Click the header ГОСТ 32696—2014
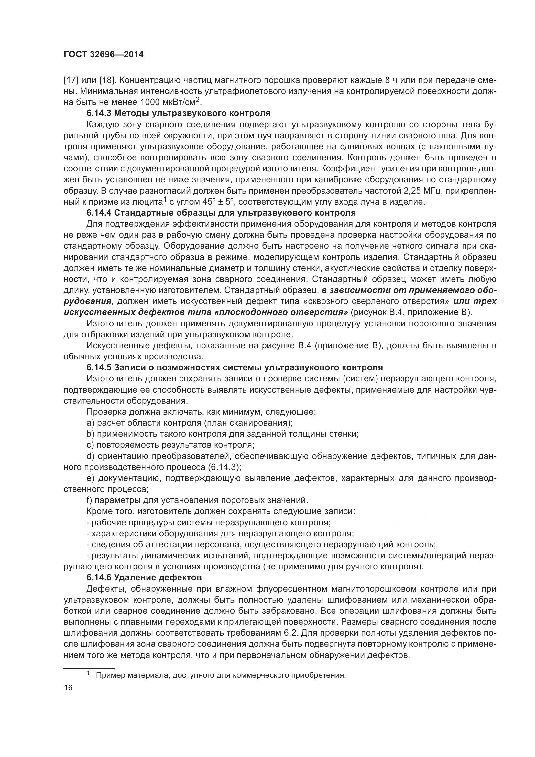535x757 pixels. (104, 55)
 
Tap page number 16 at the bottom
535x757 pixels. (68, 687)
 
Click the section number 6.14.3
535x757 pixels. (99, 113)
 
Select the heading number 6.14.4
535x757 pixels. (99, 213)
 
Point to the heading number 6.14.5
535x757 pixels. (99, 368)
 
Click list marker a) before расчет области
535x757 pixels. (90, 423)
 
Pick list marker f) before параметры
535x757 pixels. (89, 500)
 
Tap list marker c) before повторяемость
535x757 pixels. (90, 445)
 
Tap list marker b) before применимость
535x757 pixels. (90, 434)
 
